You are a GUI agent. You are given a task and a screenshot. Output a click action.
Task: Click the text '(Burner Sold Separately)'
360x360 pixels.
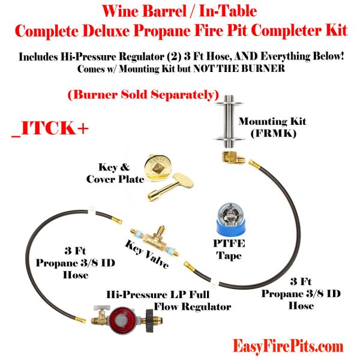tap(142, 94)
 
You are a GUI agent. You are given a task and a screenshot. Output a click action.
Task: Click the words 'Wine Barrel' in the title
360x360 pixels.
tap(134, 11)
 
